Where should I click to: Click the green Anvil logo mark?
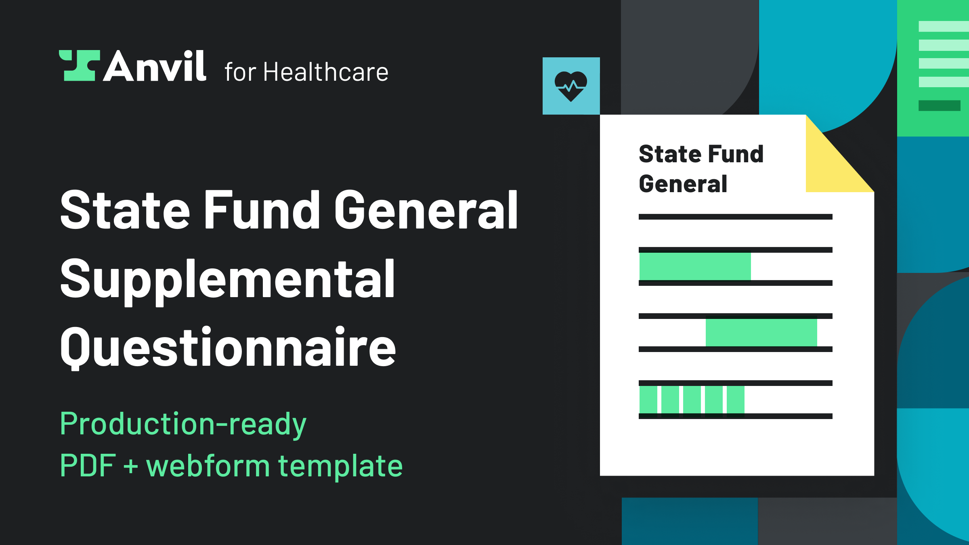click(x=80, y=65)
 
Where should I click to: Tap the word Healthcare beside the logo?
click(x=326, y=72)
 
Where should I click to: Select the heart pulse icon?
click(x=571, y=86)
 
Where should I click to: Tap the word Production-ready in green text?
click(x=183, y=424)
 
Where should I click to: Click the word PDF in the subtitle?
click(x=88, y=465)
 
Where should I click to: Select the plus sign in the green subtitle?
click(x=131, y=466)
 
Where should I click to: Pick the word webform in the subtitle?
click(x=208, y=465)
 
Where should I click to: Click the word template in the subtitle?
click(x=340, y=465)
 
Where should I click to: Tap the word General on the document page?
click(x=683, y=184)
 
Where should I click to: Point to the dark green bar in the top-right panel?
click(x=940, y=105)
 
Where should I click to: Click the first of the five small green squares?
click(x=648, y=400)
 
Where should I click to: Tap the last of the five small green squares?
click(x=736, y=400)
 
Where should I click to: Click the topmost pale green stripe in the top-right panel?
click(x=944, y=26)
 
